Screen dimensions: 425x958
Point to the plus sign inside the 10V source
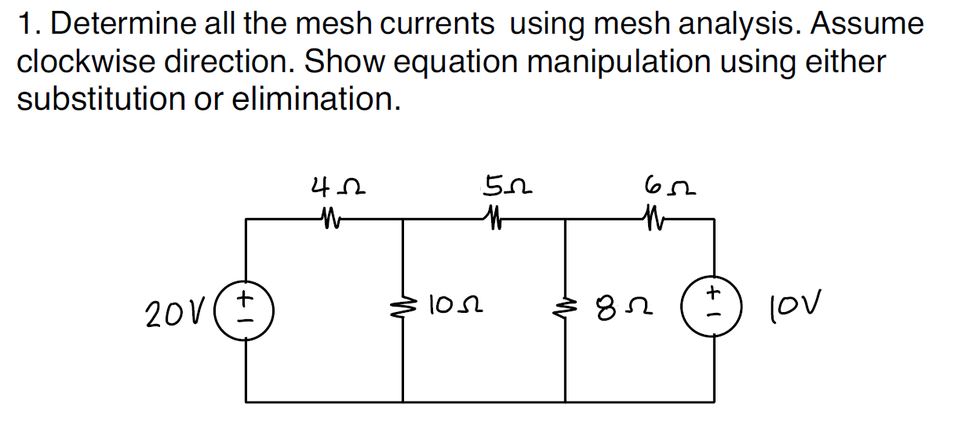point(712,293)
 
